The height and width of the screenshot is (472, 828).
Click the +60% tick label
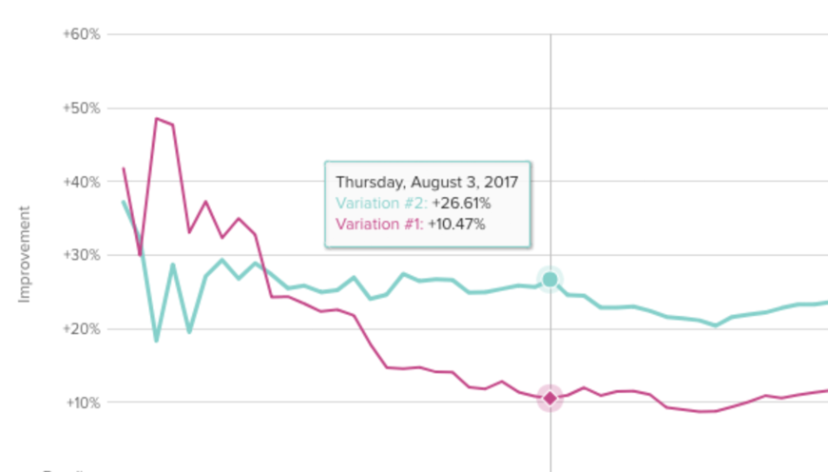(x=81, y=34)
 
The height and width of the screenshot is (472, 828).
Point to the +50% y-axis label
(x=81, y=108)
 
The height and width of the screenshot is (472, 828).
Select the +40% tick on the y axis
(x=81, y=182)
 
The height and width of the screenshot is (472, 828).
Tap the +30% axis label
(x=81, y=255)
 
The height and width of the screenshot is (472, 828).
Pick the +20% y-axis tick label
(x=81, y=329)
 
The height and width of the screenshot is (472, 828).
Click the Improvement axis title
(x=25, y=254)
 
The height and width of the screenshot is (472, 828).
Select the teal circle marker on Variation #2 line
(x=549, y=279)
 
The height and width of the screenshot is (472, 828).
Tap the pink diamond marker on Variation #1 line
(x=549, y=398)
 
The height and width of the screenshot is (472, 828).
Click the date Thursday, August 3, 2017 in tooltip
(x=433, y=181)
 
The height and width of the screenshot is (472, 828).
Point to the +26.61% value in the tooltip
(x=461, y=203)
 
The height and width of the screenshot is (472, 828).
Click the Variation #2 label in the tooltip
(x=380, y=203)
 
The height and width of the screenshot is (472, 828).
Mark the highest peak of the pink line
(x=156, y=119)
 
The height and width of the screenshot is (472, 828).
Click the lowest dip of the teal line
(x=156, y=340)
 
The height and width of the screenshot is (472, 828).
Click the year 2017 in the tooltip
(x=513, y=181)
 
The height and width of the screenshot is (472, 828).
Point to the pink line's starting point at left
(x=124, y=168)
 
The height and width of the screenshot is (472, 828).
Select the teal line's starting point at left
(x=124, y=202)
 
